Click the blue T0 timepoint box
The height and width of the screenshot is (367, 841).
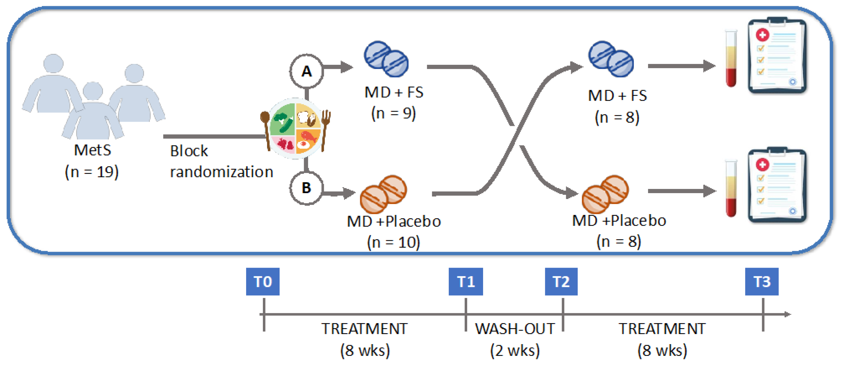tap(263, 281)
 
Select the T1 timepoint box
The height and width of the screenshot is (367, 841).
tap(465, 281)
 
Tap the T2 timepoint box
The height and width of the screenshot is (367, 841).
tap(561, 281)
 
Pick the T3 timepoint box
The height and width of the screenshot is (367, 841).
tap(761, 281)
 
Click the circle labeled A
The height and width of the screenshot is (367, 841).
tap(306, 71)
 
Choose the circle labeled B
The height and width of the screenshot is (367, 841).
tap(306, 188)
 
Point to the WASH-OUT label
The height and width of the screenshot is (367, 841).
tap(515, 328)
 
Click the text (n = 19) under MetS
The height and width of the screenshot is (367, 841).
tap(92, 172)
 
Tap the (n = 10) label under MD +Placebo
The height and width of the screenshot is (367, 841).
tap(393, 242)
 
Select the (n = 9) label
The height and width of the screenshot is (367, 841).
tap(393, 113)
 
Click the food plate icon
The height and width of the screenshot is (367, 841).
tap(295, 128)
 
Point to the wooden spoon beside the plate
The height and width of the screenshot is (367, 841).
tap(265, 129)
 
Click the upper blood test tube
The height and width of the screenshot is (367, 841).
tap(731, 59)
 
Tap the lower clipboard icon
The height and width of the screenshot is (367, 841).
tap(777, 186)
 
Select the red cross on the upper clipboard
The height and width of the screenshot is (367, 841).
tap(763, 35)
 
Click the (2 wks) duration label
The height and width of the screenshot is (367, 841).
tap(515, 350)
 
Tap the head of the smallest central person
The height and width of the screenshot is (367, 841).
tap(93, 91)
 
